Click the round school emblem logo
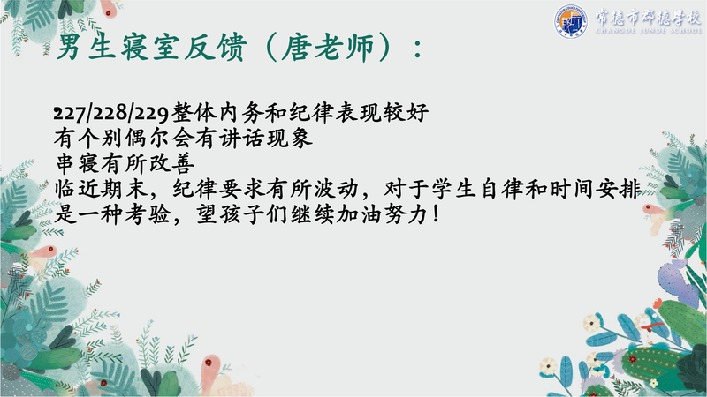(x=570, y=21)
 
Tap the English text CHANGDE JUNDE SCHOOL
(x=649, y=31)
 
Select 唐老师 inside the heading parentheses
(x=328, y=47)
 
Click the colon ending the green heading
(x=418, y=49)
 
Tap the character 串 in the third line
(x=65, y=163)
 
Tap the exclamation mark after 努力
(x=435, y=214)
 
